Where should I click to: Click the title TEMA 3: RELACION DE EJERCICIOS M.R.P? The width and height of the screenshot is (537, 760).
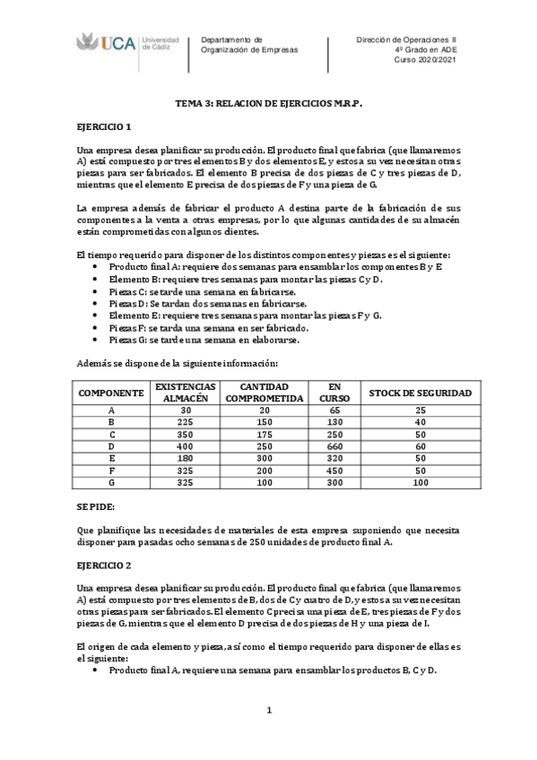267,104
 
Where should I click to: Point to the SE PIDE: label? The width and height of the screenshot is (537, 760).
96,506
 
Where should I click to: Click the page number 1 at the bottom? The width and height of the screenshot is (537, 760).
267,711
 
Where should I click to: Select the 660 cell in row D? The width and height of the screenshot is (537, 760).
330,445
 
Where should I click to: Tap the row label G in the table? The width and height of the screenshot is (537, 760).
111,482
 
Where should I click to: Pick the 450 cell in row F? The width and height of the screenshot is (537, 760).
330,470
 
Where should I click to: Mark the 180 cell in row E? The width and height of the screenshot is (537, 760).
186,458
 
